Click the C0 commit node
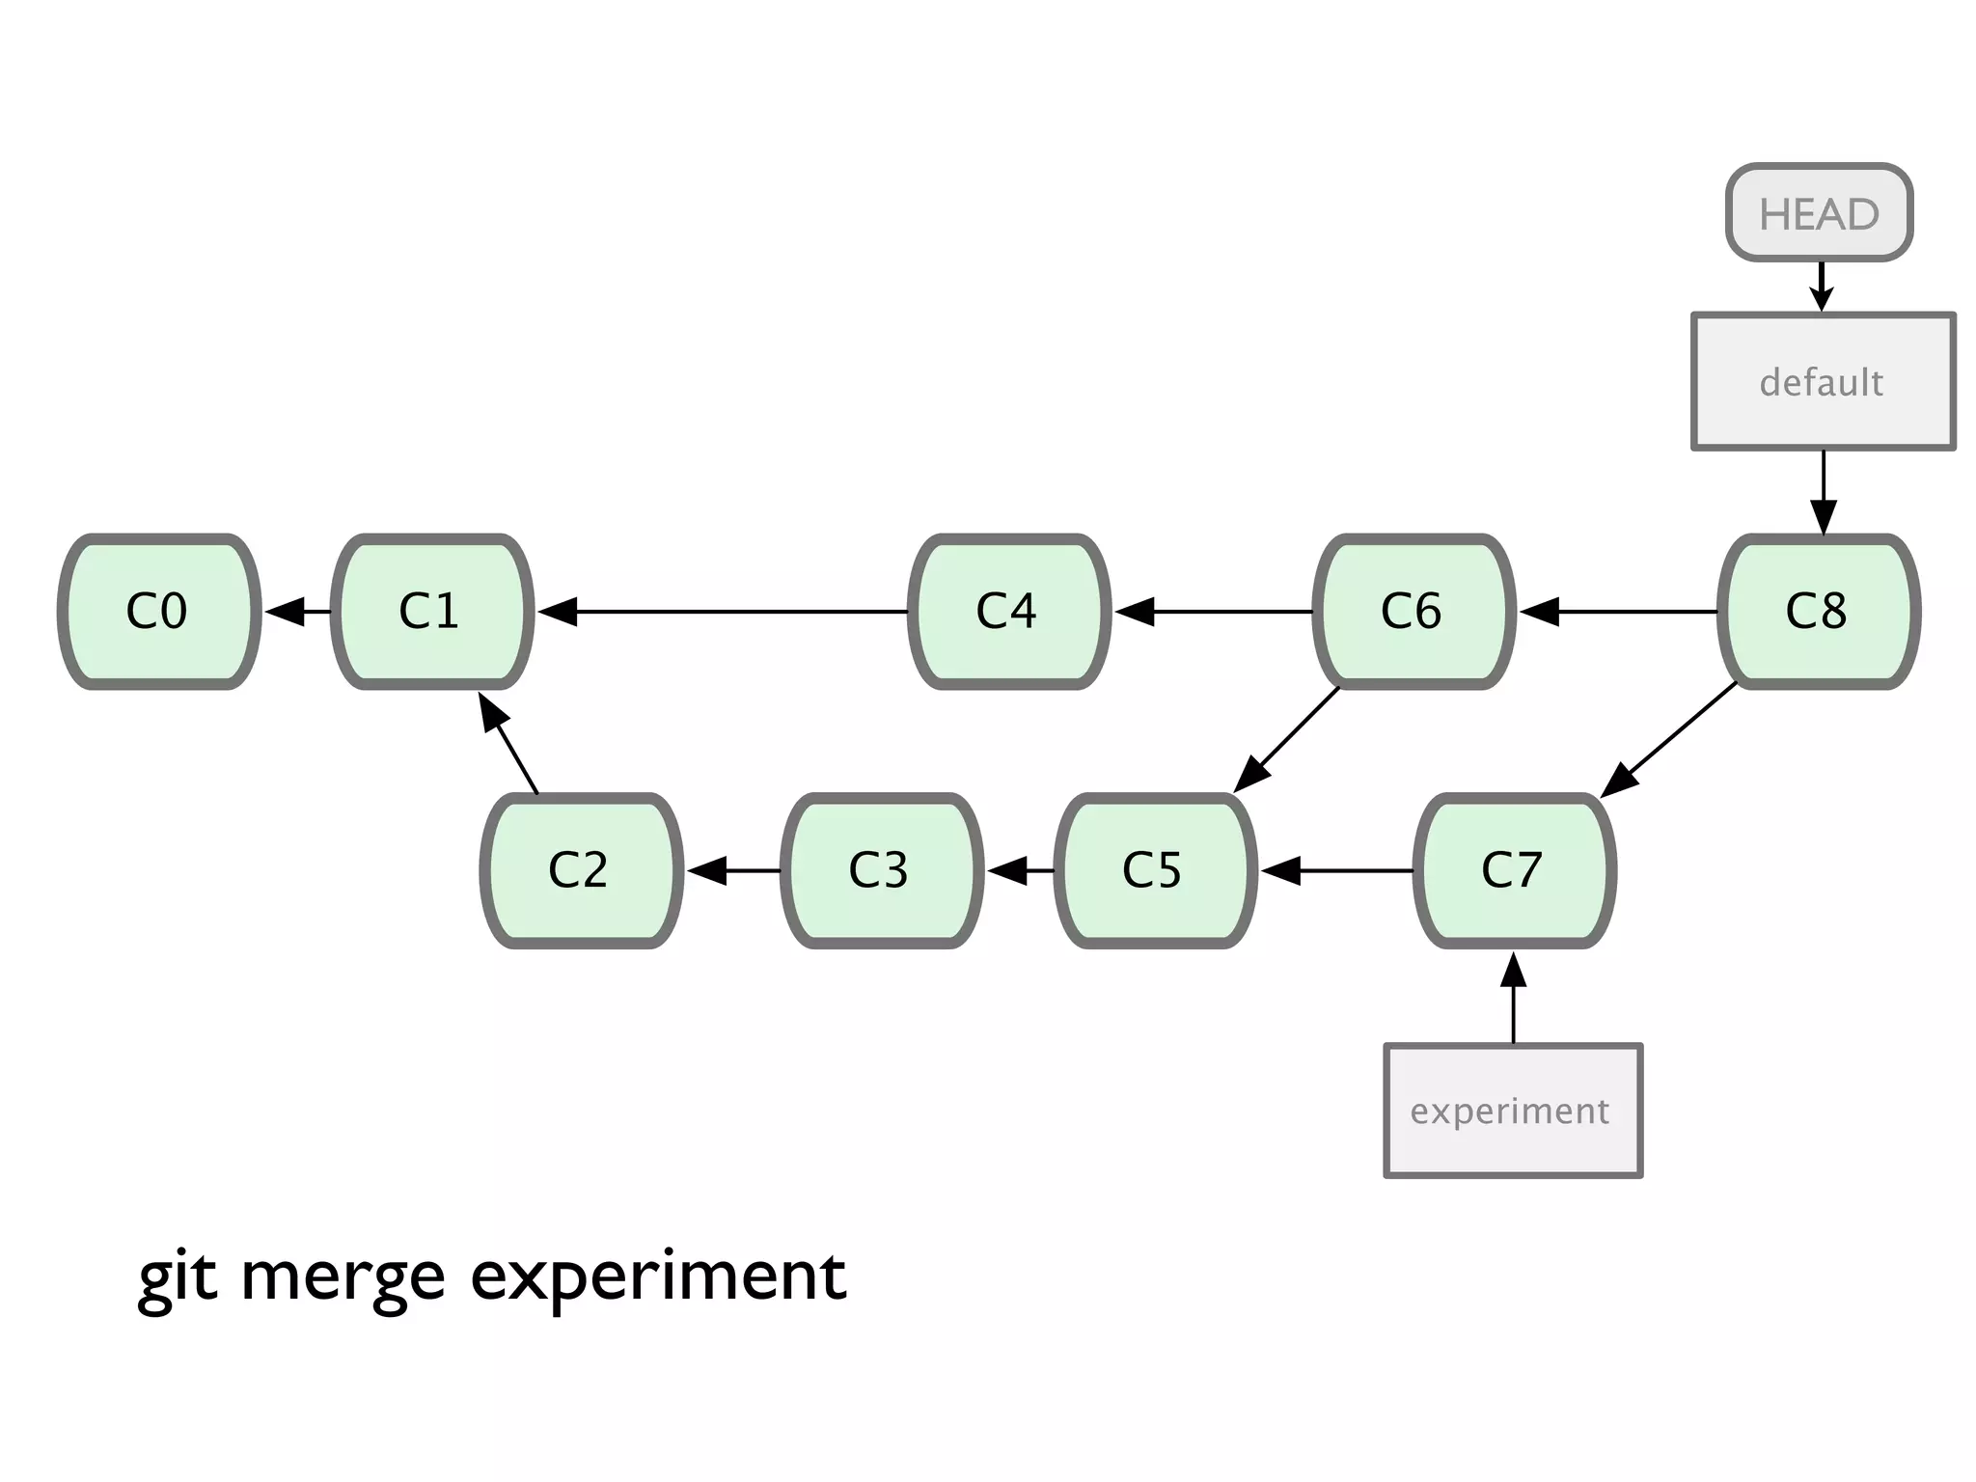tap(159, 611)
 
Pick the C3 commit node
tap(881, 870)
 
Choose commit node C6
tap(1413, 611)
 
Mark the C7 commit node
tap(1514, 870)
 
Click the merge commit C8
tap(1819, 611)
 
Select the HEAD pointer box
tap(1819, 212)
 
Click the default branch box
tap(1823, 381)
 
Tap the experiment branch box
tap(1513, 1111)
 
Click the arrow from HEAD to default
tap(1821, 286)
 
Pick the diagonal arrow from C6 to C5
tap(1288, 739)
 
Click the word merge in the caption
tap(343, 1277)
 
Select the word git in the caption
tap(178, 1277)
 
